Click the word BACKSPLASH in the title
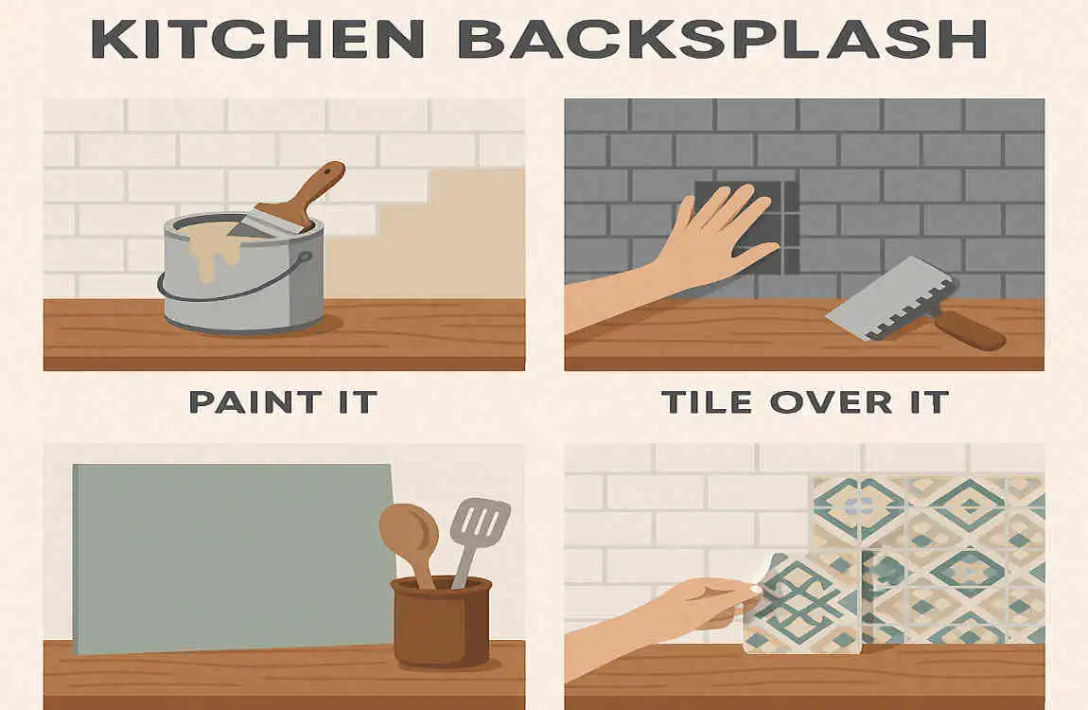coord(718,39)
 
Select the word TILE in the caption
coord(711,401)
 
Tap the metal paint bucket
coord(241,284)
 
